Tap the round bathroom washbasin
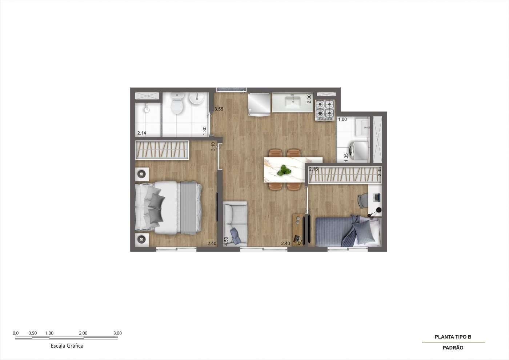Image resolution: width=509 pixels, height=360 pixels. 196,99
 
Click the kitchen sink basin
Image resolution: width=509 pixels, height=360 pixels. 293,102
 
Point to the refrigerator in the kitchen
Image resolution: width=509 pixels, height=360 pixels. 259,104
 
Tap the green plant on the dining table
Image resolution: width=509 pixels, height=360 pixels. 284,170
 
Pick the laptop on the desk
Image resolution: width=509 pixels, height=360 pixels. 377,197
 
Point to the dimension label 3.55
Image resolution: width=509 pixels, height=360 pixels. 219,109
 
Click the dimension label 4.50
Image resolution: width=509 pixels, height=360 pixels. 226,241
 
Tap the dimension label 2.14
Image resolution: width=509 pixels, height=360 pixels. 141,133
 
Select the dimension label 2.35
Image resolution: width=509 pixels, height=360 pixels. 379,172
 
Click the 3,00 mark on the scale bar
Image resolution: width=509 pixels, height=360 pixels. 117,333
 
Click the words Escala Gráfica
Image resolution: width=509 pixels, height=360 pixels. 67,346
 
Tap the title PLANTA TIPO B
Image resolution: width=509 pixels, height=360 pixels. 453,337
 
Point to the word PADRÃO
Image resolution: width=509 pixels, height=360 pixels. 453,348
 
